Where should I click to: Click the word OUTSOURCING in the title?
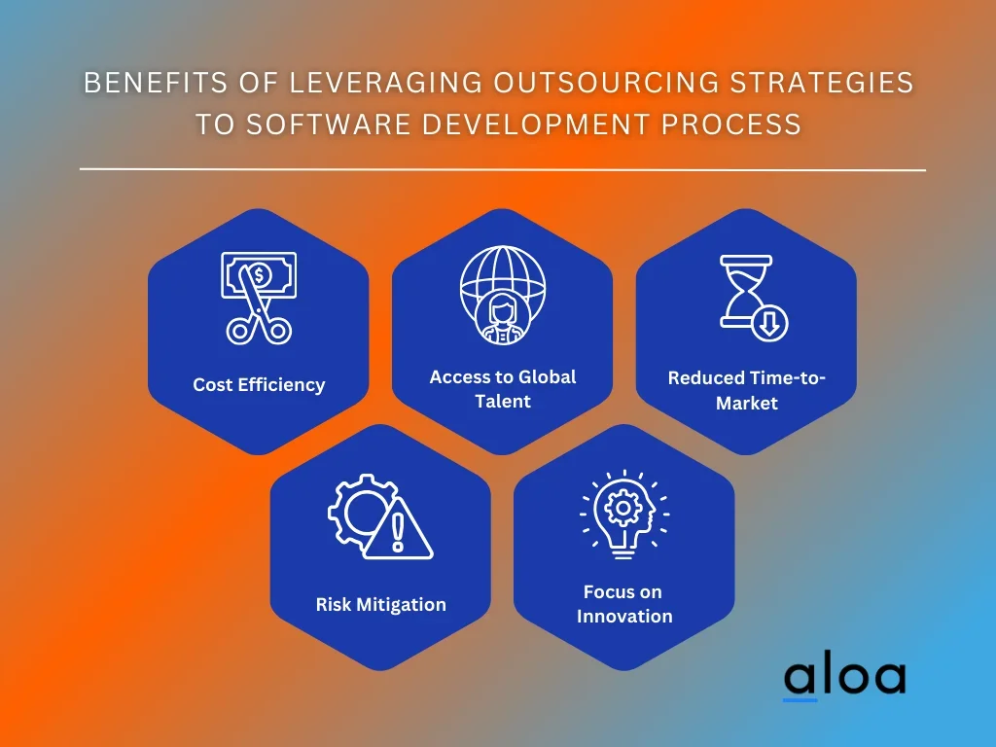(x=605, y=83)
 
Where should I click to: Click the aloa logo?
(x=845, y=679)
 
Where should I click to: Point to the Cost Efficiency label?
(x=259, y=385)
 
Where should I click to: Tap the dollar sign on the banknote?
(x=259, y=275)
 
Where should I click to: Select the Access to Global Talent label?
(x=503, y=389)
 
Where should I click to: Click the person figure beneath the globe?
(x=503, y=319)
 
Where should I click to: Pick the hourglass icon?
(x=746, y=292)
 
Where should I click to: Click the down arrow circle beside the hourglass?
(x=769, y=323)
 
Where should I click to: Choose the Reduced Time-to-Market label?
(x=746, y=390)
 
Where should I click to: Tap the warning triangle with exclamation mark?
(x=398, y=529)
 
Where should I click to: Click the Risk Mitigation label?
(x=380, y=604)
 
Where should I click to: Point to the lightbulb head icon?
(x=624, y=515)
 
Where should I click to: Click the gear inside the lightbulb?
(x=622, y=508)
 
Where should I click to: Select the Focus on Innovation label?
(x=623, y=604)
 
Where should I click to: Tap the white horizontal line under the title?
(x=503, y=169)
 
